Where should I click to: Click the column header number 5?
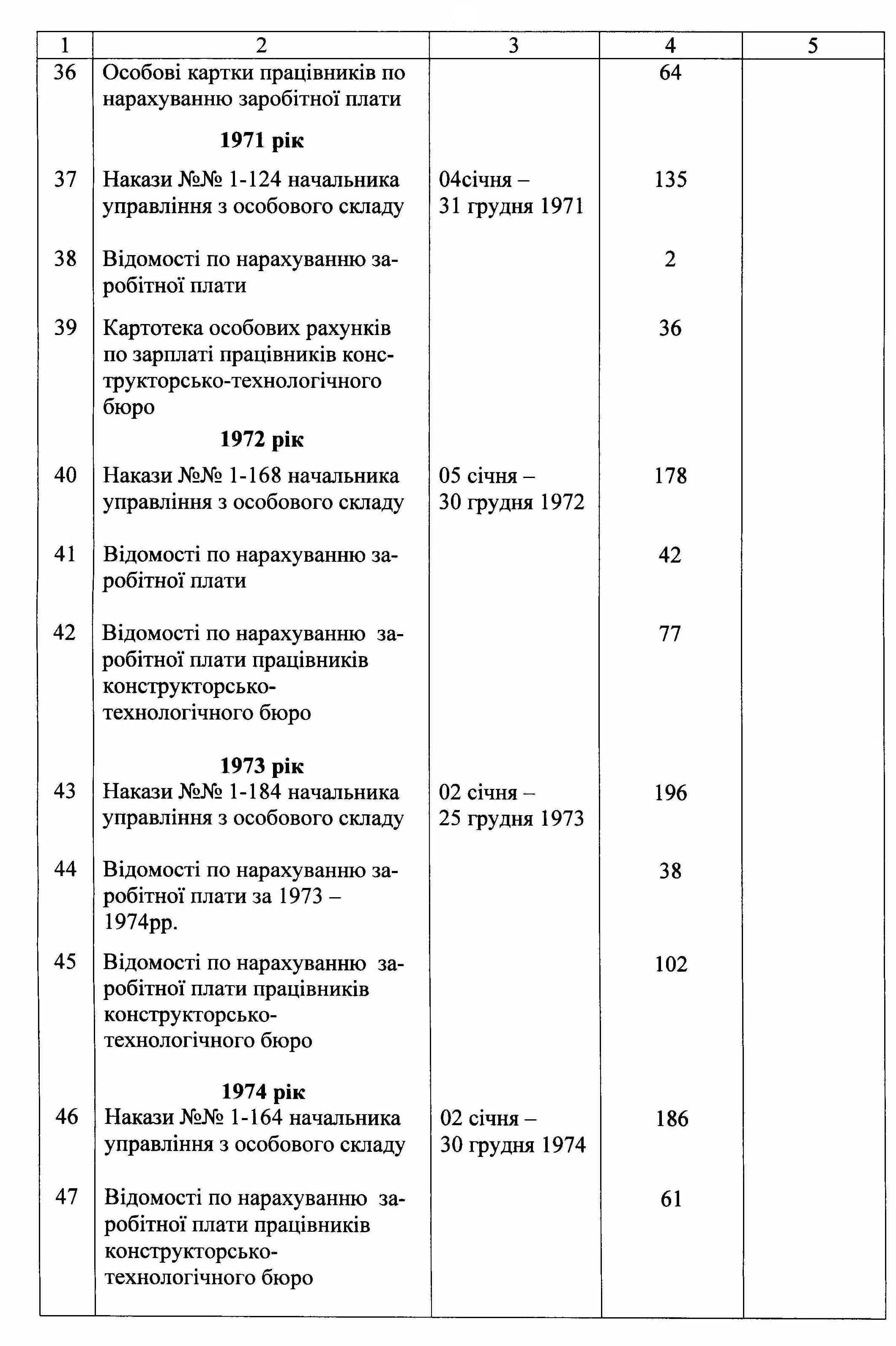tap(813, 45)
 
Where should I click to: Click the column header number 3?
tap(513, 45)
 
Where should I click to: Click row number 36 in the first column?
tap(65, 73)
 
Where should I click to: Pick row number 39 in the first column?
tap(65, 328)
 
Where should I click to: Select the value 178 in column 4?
tap(670, 476)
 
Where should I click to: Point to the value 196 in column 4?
tap(670, 793)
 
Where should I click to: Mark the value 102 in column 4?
tap(671, 964)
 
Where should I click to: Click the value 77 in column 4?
tap(670, 634)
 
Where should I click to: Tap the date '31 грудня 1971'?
tap(511, 206)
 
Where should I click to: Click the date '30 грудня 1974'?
tap(513, 1145)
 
